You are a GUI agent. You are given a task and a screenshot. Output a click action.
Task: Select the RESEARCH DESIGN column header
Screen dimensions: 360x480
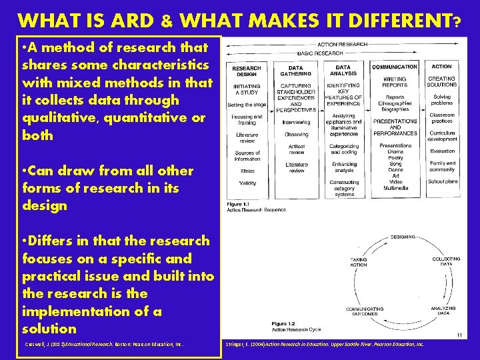click(x=246, y=71)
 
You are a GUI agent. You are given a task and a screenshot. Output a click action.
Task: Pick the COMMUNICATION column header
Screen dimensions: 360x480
click(x=395, y=67)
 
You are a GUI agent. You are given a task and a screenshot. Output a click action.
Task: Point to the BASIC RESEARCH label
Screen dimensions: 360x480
click(x=320, y=53)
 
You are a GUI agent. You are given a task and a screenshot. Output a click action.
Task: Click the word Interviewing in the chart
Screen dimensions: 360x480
click(x=296, y=122)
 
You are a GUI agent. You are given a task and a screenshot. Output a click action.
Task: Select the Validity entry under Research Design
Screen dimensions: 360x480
click(x=247, y=183)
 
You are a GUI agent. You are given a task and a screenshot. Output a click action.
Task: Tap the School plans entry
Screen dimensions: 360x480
click(x=442, y=181)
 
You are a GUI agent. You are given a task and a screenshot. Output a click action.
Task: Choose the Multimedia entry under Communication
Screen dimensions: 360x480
click(x=395, y=188)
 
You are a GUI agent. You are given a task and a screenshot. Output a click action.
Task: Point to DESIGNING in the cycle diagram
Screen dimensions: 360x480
click(x=402, y=237)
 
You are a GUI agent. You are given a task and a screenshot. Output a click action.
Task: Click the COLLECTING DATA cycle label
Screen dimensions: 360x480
click(x=446, y=261)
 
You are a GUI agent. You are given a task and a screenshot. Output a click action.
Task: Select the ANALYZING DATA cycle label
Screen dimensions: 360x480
click(x=443, y=310)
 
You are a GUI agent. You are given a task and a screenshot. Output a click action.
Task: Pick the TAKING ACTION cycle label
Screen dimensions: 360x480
click(x=359, y=261)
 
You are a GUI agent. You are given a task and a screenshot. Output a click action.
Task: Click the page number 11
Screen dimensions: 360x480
click(x=458, y=335)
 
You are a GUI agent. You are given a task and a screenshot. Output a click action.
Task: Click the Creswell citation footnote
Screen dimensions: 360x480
click(x=103, y=344)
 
